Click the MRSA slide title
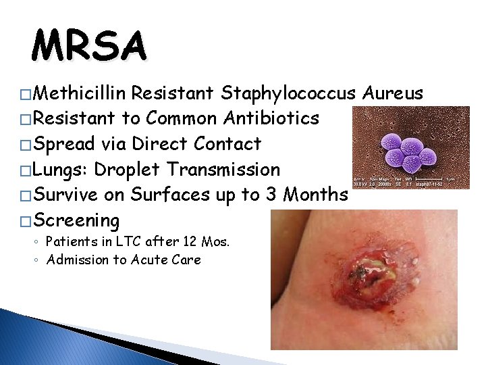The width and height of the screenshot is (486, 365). (x=88, y=47)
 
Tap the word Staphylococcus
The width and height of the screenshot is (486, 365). (x=294, y=93)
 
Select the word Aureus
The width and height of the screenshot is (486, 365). (x=393, y=93)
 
